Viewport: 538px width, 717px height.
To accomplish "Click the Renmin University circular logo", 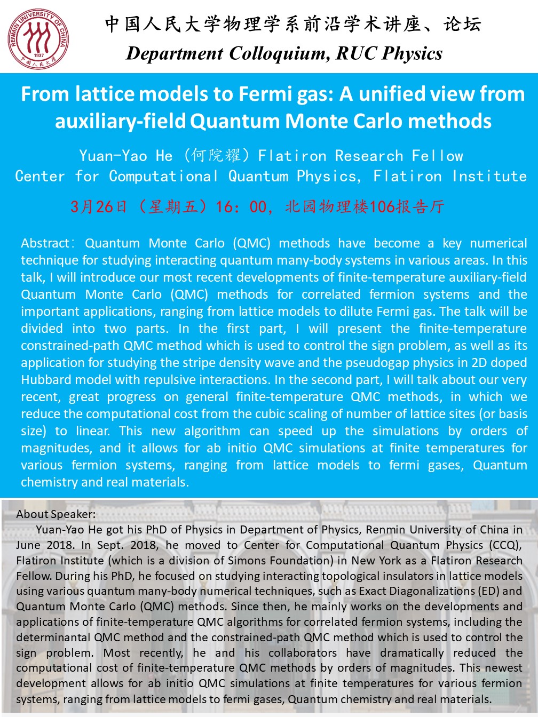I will pyautogui.click(x=38, y=38).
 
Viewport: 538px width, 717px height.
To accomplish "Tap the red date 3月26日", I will pyautogui.click(x=99, y=206).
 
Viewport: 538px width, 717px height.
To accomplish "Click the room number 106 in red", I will pyautogui.click(x=382, y=206).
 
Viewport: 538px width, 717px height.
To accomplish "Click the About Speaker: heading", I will pyautogui.click(x=56, y=514).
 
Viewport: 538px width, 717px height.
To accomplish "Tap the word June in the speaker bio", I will pyautogui.click(x=28, y=545).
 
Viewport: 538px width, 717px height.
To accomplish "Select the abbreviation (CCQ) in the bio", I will pyautogui.click(x=504, y=545).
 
